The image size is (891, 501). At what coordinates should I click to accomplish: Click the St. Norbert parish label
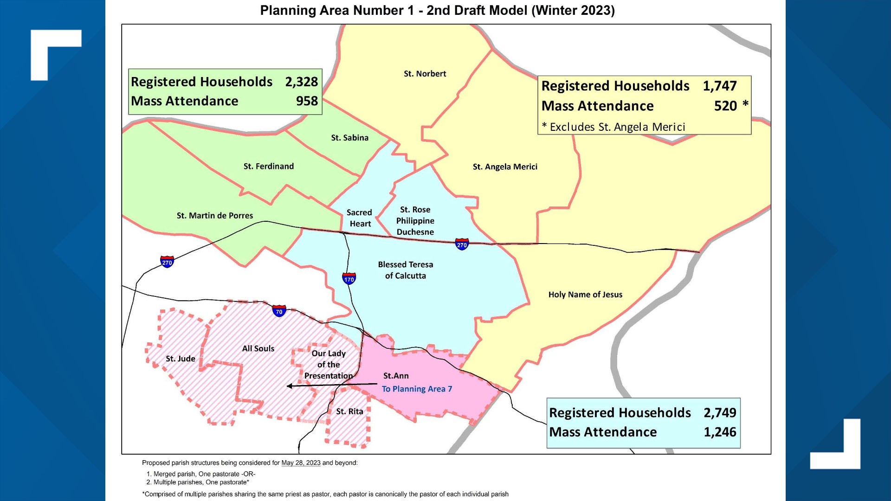[x=425, y=74]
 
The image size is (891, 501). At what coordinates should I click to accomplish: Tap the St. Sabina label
[x=349, y=138]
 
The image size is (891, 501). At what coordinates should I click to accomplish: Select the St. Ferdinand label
[x=268, y=166]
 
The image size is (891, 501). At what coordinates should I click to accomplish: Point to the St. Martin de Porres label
[x=215, y=216]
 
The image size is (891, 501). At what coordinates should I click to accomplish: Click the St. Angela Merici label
[x=505, y=167]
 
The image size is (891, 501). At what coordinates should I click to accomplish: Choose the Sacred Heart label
[x=360, y=218]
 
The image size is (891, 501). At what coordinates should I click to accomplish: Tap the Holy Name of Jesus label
[x=585, y=295]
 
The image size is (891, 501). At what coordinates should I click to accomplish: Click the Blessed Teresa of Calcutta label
[x=405, y=270]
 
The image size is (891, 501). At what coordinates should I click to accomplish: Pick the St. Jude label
[x=181, y=359]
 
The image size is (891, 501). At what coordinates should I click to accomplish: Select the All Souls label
[x=258, y=348]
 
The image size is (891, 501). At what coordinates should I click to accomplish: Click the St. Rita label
[x=349, y=411]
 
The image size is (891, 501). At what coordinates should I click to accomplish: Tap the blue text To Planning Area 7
[x=417, y=389]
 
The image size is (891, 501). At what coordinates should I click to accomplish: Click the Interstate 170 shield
[x=349, y=278]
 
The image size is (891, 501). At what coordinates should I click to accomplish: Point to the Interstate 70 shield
[x=279, y=310]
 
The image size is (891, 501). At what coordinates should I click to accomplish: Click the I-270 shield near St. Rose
[x=462, y=244]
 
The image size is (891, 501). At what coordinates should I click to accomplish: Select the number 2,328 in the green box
[x=301, y=82]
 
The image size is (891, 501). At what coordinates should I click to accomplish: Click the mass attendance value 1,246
[x=720, y=432]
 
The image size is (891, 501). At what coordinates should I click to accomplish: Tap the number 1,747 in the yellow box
[x=719, y=86]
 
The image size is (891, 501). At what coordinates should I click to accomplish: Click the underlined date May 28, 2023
[x=301, y=463]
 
